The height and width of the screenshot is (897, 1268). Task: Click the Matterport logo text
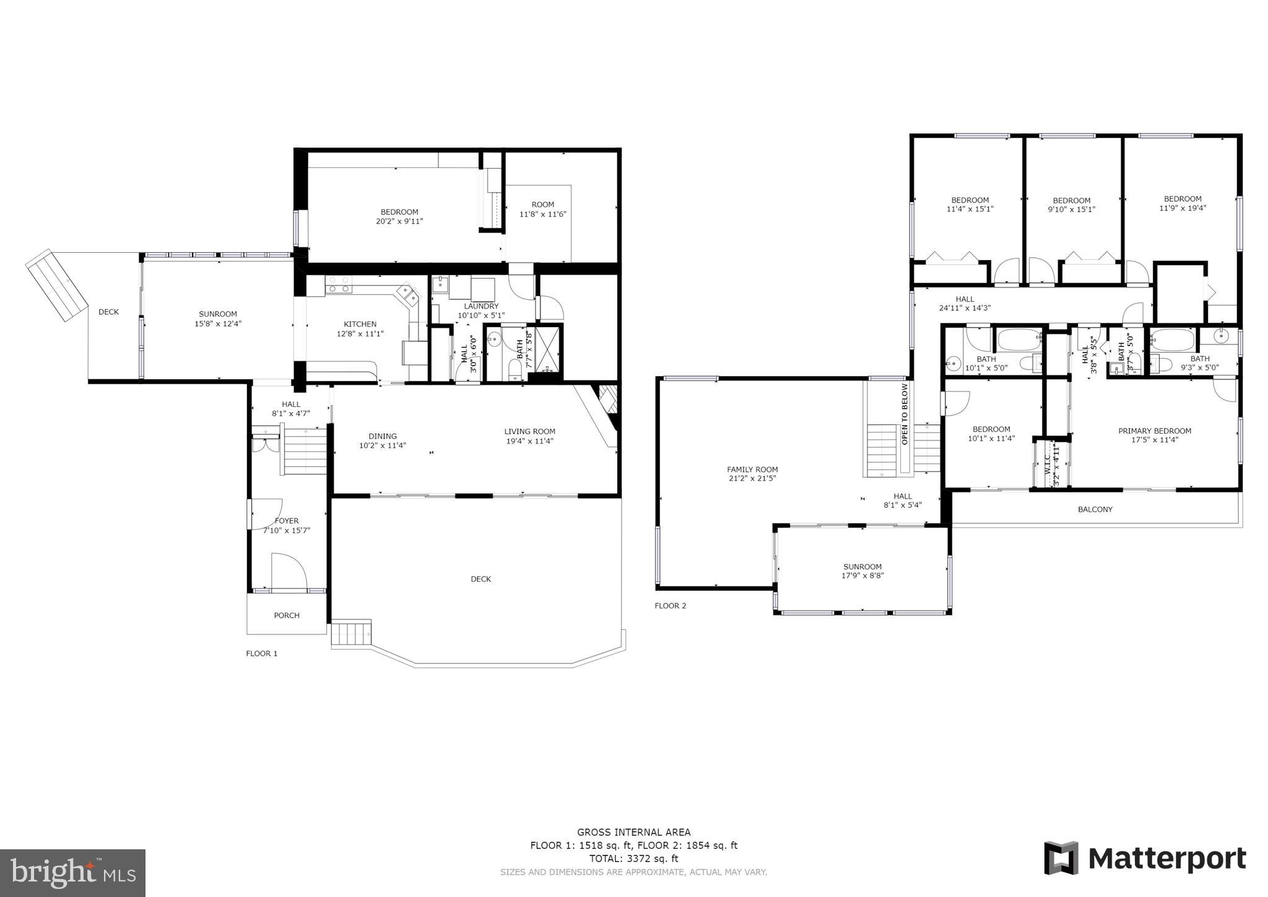click(x=1166, y=859)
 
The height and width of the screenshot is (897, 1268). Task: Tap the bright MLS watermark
click(x=72, y=873)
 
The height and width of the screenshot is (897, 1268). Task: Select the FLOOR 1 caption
click(x=262, y=654)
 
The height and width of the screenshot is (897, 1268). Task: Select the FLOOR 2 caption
click(x=671, y=606)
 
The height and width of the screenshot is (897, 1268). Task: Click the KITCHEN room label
click(x=360, y=324)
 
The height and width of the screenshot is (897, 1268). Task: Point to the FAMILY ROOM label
click(x=752, y=470)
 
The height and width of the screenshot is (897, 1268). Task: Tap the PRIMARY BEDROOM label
click(x=1155, y=431)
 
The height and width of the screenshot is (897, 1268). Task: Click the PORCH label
click(x=287, y=615)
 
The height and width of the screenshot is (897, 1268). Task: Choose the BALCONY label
click(x=1095, y=509)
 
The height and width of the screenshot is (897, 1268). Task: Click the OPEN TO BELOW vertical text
click(x=905, y=414)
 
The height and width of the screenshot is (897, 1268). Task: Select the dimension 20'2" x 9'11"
click(x=399, y=221)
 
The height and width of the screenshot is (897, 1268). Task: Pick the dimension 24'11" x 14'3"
click(x=965, y=308)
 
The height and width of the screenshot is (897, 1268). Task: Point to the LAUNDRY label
click(x=481, y=306)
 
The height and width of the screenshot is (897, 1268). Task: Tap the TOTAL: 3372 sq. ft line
click(x=633, y=859)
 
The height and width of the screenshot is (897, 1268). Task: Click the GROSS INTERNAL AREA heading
click(x=633, y=833)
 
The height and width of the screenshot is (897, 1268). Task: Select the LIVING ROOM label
click(x=529, y=432)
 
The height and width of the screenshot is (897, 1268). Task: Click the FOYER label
click(x=287, y=521)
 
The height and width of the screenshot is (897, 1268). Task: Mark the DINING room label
click(x=383, y=436)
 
